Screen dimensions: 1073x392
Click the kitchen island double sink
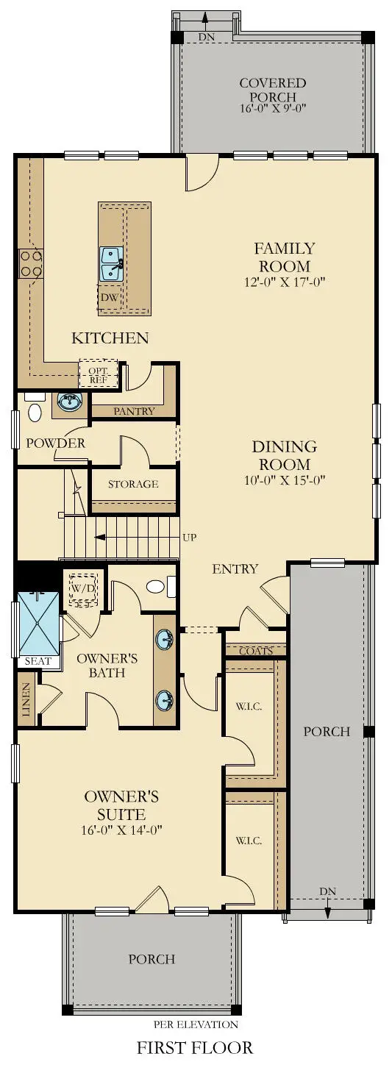point(112,263)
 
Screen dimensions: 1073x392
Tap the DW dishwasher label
point(108,297)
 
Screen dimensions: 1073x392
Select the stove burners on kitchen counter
point(30,263)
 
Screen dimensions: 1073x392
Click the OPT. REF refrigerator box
point(98,374)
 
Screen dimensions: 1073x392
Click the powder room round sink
point(70,402)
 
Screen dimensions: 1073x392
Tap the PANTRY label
point(134,411)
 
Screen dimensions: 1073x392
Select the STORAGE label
point(133,484)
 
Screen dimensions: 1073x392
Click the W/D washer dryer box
point(82,589)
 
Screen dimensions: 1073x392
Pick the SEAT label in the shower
point(38,661)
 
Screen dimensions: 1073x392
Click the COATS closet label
point(255,651)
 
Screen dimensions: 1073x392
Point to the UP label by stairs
point(190,537)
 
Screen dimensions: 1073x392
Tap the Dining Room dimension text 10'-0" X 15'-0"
point(284,480)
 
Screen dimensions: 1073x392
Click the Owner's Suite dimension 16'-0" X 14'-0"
point(121,830)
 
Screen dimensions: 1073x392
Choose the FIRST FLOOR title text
point(195,1047)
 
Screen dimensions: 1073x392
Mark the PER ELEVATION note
point(196,1024)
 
